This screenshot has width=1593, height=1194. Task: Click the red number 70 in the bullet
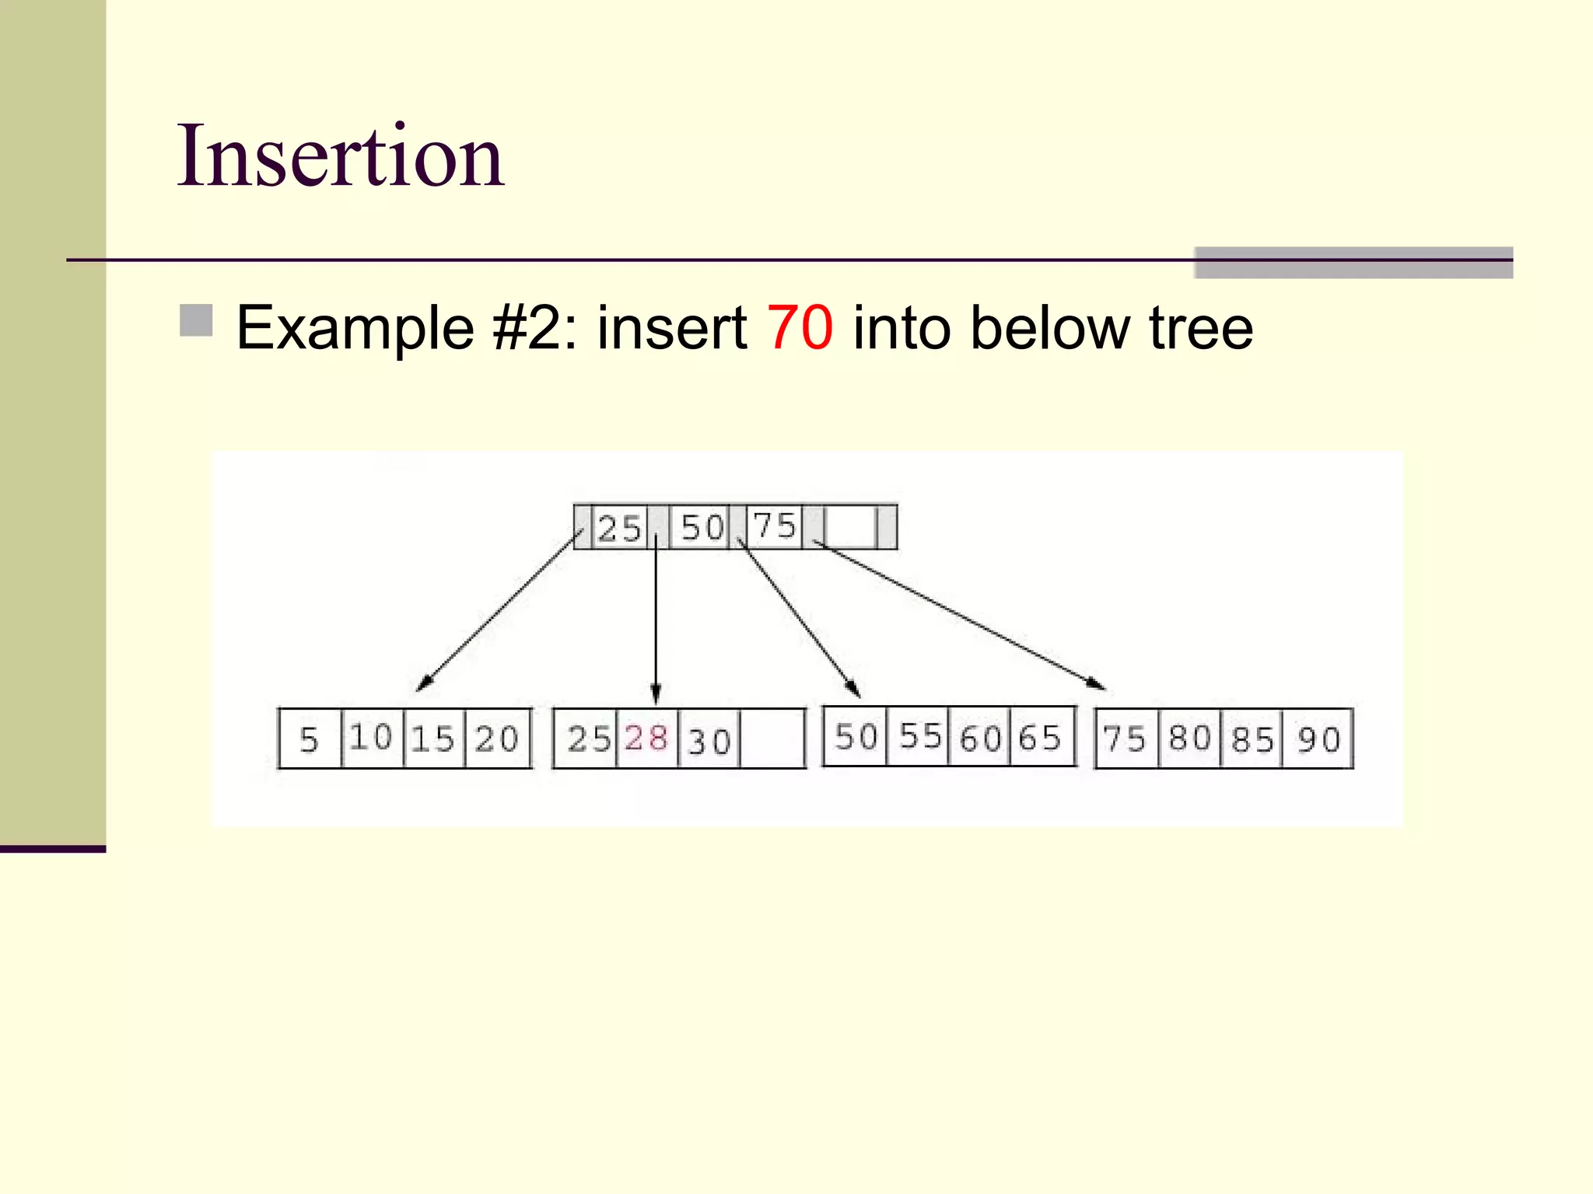click(x=800, y=328)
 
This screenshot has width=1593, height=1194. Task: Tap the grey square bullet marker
click(x=196, y=320)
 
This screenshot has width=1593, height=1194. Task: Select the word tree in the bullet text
click(x=1201, y=328)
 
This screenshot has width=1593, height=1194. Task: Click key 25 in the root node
click(x=619, y=528)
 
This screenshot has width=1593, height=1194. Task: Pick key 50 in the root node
click(x=702, y=528)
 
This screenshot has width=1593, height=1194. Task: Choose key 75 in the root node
click(x=775, y=526)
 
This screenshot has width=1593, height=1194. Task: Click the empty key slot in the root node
click(x=851, y=528)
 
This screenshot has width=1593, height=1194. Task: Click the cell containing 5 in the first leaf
click(x=310, y=739)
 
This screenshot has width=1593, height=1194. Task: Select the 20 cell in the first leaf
click(x=497, y=739)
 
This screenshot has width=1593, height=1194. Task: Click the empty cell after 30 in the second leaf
click(x=772, y=739)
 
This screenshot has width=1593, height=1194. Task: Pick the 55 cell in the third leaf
click(x=919, y=736)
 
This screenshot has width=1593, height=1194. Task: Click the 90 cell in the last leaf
click(x=1318, y=739)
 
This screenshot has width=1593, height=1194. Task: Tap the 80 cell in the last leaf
click(x=1189, y=738)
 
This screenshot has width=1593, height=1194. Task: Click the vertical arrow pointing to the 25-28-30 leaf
click(x=656, y=622)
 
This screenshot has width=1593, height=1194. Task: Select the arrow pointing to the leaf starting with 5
click(x=498, y=612)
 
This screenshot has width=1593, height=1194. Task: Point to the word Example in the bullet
click(x=355, y=328)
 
